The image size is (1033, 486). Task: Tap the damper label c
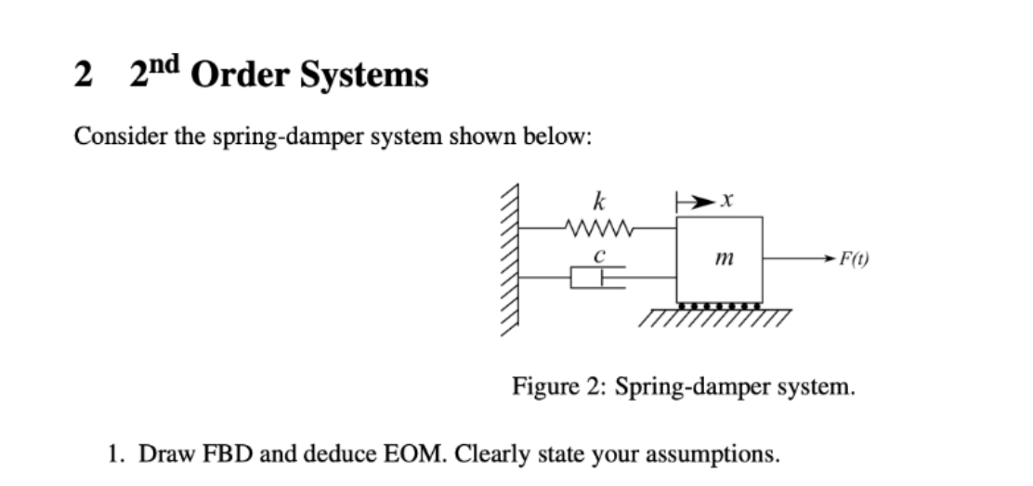coord(601,253)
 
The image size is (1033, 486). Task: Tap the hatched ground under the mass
coord(716,321)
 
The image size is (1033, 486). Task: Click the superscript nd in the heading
coord(168,66)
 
